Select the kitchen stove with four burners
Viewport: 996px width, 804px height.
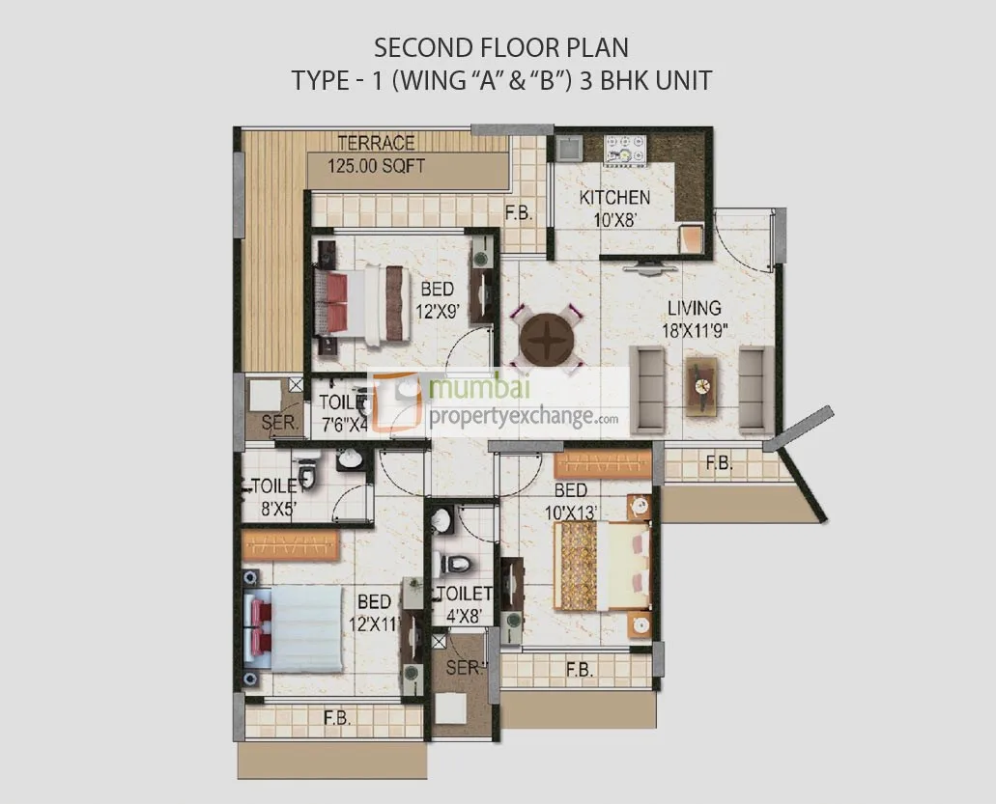coord(625,150)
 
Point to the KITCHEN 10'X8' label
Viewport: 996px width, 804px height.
coord(614,208)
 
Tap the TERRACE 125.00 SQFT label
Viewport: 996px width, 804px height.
coord(376,154)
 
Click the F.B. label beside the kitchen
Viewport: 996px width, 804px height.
coord(519,213)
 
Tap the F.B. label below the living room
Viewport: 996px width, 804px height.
coord(718,464)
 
